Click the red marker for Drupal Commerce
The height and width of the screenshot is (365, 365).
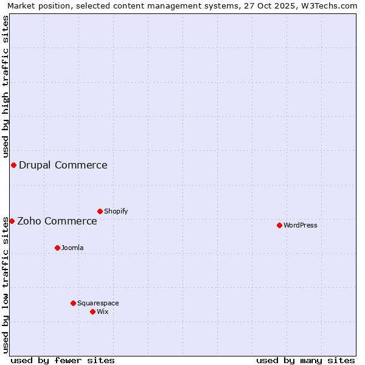pos(13,165)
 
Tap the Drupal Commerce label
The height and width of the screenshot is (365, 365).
pos(63,165)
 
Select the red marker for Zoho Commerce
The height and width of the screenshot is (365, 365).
pos(12,221)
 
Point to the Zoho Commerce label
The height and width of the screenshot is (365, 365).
pos(57,221)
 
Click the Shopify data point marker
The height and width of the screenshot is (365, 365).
pos(100,211)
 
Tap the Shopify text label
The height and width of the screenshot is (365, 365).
pos(116,211)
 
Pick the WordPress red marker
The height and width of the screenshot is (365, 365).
pos(279,225)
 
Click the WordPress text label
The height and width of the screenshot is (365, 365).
pos(301,225)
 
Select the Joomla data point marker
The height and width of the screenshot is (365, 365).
pos(57,248)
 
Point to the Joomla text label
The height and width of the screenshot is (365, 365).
pos(72,248)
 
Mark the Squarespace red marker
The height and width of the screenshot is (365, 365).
pos(73,303)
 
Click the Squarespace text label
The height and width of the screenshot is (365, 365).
pos(98,303)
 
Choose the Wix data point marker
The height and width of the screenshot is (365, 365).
pos(92,311)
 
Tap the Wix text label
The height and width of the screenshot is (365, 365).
pos(103,311)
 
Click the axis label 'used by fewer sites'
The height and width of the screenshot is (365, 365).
pos(63,360)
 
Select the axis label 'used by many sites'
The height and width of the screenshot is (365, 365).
pos(305,360)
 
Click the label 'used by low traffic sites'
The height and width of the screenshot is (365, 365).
pos(5,285)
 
